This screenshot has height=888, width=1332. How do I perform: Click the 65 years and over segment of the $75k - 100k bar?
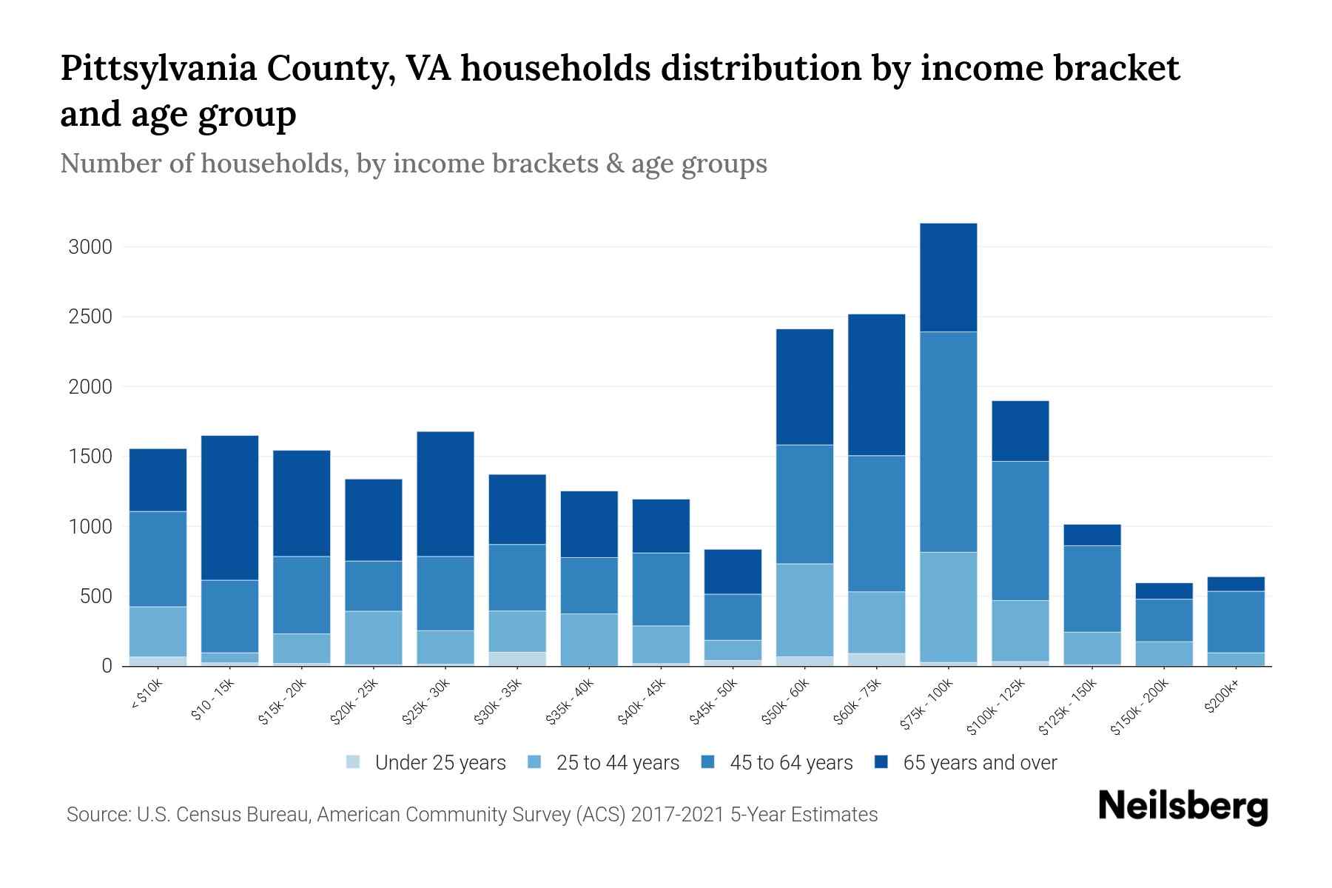coord(948,277)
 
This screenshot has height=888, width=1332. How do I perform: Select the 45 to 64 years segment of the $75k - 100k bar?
coord(948,442)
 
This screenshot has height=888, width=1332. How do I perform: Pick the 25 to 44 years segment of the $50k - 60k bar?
coord(804,610)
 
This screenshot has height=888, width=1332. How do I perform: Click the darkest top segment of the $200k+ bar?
coord(1235,584)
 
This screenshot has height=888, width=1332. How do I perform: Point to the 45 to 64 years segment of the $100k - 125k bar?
coord(1020,531)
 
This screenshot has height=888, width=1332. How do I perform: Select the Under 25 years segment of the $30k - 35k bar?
coord(517,659)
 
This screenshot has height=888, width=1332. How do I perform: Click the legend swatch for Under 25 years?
coord(354,762)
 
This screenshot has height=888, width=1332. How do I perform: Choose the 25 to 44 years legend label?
coord(617,762)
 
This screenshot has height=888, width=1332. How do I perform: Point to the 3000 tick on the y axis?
coord(90,247)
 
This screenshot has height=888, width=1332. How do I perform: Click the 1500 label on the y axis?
coord(90,457)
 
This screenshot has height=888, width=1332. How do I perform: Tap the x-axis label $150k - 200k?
coord(1141,707)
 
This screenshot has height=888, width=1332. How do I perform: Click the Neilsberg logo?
coord(1183,807)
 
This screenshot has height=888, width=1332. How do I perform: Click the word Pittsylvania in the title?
coord(158,68)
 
